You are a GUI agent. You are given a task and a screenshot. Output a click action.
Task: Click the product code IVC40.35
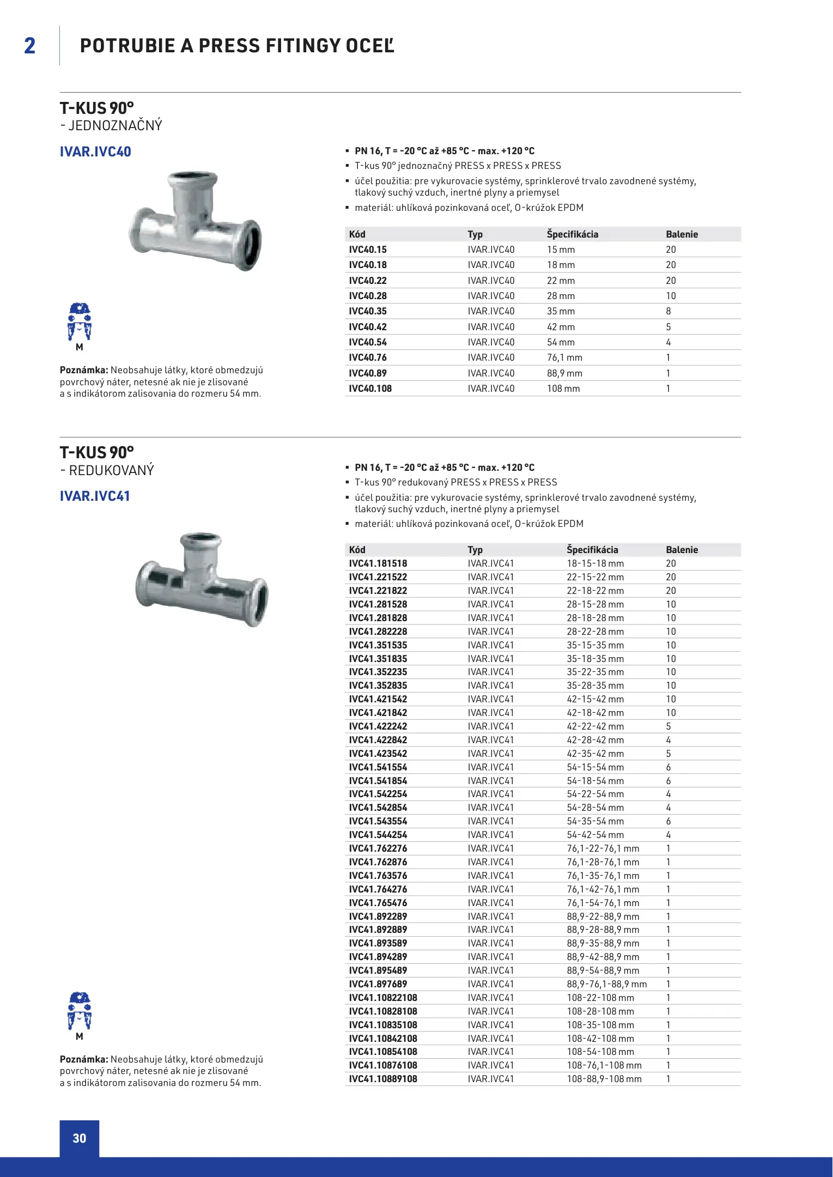tap(368, 311)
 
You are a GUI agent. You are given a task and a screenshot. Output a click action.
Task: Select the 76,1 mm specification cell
tap(564, 357)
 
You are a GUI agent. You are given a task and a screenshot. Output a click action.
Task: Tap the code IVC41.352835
tap(378, 685)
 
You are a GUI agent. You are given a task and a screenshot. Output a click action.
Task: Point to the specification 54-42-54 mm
tap(595, 835)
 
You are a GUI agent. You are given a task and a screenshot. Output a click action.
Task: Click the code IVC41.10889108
tap(383, 1079)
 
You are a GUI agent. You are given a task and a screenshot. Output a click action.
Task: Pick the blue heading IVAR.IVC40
tap(95, 151)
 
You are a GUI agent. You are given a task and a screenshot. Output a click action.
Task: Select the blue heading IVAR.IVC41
tap(95, 496)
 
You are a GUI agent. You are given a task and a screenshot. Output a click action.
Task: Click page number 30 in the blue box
tap(80, 1138)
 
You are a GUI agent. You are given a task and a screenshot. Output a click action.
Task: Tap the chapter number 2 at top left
tap(30, 46)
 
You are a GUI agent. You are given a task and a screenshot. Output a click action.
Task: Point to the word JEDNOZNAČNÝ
tap(115, 126)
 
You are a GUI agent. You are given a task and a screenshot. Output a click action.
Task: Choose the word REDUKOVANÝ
tap(111, 470)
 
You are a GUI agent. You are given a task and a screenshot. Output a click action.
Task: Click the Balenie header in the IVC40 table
tap(682, 234)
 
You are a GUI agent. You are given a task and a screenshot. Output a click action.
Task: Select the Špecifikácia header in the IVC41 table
tap(592, 550)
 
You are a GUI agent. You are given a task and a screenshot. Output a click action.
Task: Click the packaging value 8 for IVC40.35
tap(668, 311)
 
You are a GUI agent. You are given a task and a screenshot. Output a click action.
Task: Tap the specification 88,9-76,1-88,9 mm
tap(606, 984)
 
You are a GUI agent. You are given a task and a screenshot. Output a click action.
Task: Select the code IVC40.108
tap(370, 389)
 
